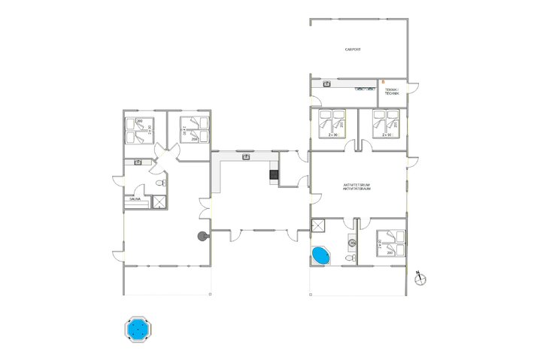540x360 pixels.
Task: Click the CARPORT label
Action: pyautogui.click(x=353, y=50)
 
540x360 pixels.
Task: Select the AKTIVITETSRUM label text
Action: pyautogui.click(x=358, y=186)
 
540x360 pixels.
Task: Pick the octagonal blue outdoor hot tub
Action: pyautogui.click(x=137, y=329)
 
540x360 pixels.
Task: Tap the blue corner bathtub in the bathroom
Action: pyautogui.click(x=320, y=256)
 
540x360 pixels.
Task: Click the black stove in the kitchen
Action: pyautogui.click(x=274, y=176)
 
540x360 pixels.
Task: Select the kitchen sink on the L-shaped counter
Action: pyautogui.click(x=247, y=157)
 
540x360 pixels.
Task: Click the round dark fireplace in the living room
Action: pyautogui.click(x=202, y=236)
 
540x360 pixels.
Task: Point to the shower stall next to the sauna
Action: pyautogui.click(x=159, y=201)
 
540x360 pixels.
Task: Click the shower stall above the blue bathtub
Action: pyautogui.click(x=319, y=225)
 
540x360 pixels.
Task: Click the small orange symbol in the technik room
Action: pyautogui.click(x=382, y=80)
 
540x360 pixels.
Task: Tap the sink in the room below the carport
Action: pyautogui.click(x=327, y=84)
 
